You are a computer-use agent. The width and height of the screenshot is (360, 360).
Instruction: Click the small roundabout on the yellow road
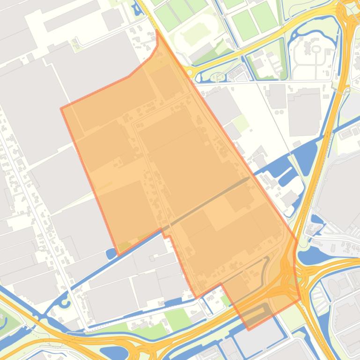(x=190, y=72)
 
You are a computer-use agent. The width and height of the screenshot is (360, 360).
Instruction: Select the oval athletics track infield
(x=192, y=35)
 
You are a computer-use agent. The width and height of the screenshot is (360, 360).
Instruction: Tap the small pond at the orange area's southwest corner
(x=111, y=254)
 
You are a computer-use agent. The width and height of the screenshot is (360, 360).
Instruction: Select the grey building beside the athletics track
(x=202, y=51)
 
